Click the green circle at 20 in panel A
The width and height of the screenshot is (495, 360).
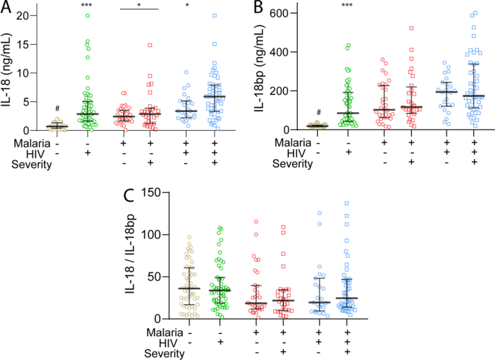pyautogui.click(x=87, y=15)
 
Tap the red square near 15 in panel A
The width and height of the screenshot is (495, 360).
pyautogui.click(x=150, y=45)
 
